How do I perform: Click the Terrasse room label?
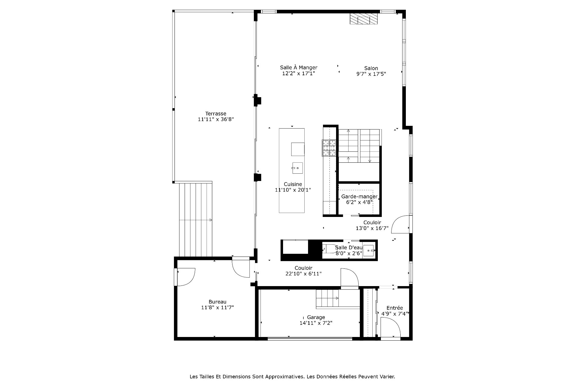tap(216, 114)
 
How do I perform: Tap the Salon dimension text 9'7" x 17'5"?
tap(371, 74)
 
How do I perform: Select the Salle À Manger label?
tap(299, 68)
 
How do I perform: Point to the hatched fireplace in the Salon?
tap(363, 19)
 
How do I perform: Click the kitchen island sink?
tap(297, 168)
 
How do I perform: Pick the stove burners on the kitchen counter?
tap(329, 148)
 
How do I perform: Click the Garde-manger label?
tap(359, 197)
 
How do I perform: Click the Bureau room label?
tap(218, 302)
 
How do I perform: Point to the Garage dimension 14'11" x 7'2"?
tap(316, 323)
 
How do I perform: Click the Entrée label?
tap(395, 308)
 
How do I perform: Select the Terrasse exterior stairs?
tap(195, 220)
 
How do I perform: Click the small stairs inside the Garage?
tap(327, 298)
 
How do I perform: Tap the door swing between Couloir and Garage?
tap(349, 277)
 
